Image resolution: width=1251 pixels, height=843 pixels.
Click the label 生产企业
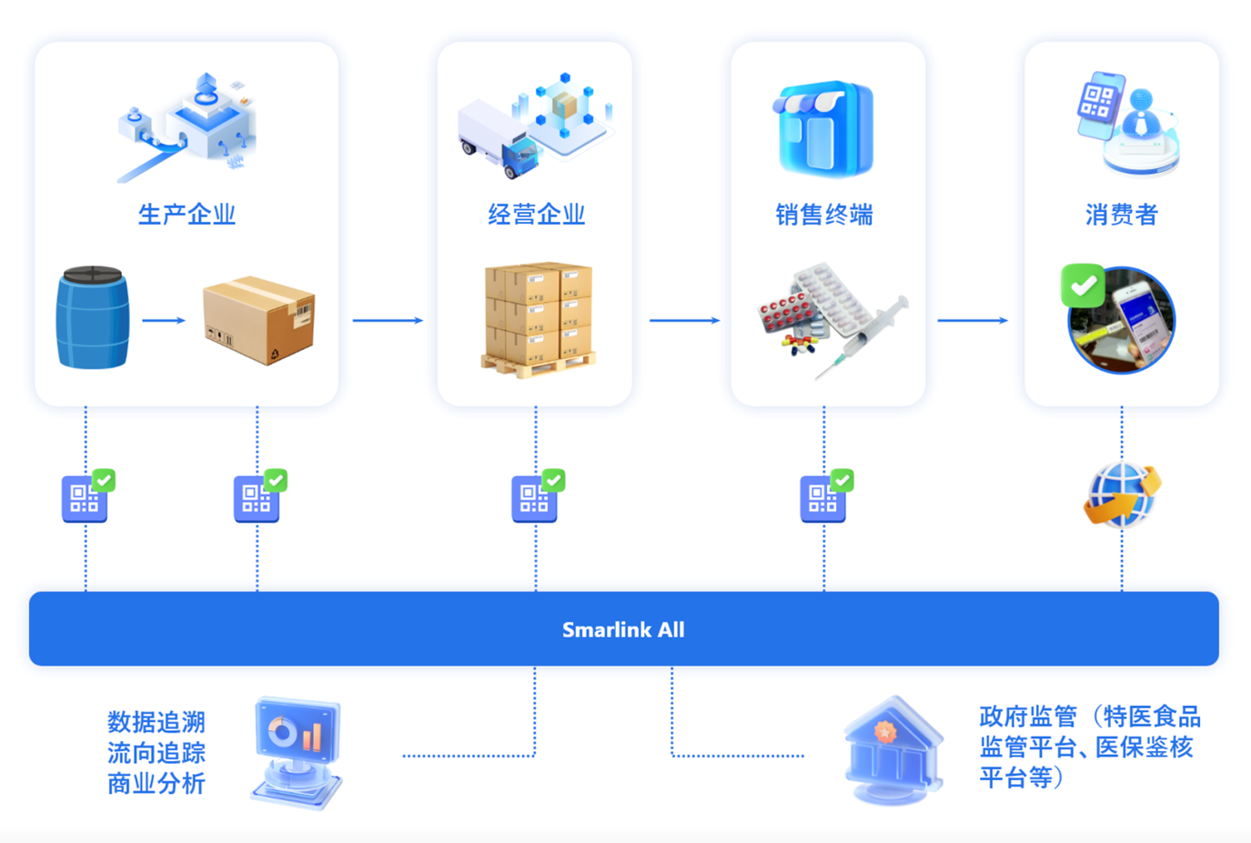tap(187, 215)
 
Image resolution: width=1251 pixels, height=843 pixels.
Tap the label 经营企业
tap(536, 215)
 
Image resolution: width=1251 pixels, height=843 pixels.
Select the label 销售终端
tap(824, 215)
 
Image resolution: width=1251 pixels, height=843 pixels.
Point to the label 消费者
tap(1121, 215)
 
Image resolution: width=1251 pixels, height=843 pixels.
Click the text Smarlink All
tap(623, 629)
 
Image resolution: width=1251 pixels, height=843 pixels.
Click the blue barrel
tap(92, 317)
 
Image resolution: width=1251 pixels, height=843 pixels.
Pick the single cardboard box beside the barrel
tap(259, 319)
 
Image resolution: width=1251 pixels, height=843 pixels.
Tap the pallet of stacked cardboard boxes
tap(539, 317)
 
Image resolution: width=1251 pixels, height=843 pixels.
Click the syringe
tap(864, 335)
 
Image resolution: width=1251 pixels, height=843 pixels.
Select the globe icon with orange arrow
tap(1122, 495)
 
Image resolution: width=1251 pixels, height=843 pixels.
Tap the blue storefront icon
tap(824, 128)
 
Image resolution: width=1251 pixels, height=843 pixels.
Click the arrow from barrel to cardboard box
tap(164, 320)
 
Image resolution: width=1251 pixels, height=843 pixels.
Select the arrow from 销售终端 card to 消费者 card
tap(973, 320)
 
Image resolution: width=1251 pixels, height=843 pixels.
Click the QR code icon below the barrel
tap(85, 498)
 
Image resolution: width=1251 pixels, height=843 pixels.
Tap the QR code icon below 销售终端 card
tap(822, 498)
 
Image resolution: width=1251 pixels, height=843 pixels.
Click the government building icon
tap(893, 750)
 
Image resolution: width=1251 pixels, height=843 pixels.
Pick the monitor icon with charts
tap(297, 751)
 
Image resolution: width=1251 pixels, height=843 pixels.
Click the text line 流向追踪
tap(156, 753)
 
